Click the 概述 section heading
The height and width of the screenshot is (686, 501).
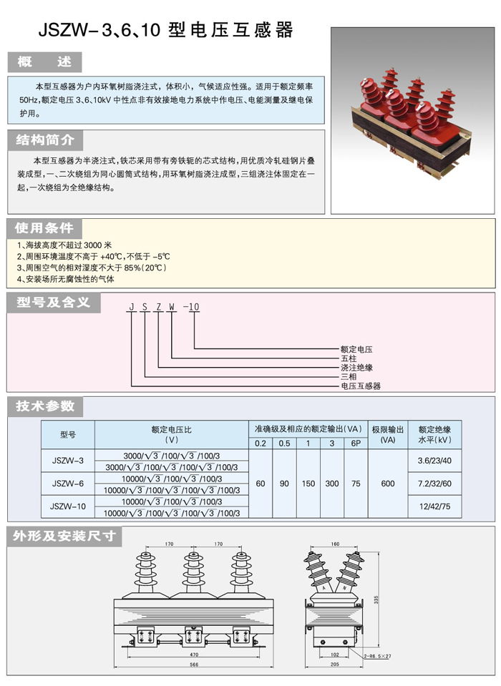pyautogui.click(x=44, y=62)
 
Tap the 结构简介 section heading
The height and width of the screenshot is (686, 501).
pyautogui.click(x=45, y=140)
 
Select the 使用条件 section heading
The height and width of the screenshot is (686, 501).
pyautogui.click(x=44, y=228)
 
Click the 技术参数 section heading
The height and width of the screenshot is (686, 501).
pyautogui.click(x=45, y=406)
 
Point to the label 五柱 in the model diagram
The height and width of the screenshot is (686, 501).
pyautogui.click(x=349, y=358)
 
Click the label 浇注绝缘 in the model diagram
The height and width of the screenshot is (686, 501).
pyautogui.click(x=356, y=368)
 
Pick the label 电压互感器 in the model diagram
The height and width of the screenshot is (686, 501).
pyautogui.click(x=361, y=386)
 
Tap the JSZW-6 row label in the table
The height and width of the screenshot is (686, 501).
pyautogui.click(x=68, y=484)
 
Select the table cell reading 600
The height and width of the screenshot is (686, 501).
pyautogui.click(x=388, y=484)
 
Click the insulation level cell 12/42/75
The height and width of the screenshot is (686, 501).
pyautogui.click(x=434, y=506)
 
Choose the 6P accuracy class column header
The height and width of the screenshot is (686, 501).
pyautogui.click(x=356, y=444)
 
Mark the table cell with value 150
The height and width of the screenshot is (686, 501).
pyautogui.click(x=308, y=484)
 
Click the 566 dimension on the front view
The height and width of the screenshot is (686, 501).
pyautogui.click(x=194, y=664)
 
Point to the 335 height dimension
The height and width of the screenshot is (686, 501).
pyautogui.click(x=376, y=600)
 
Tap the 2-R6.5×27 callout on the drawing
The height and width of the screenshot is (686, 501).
pyautogui.click(x=378, y=656)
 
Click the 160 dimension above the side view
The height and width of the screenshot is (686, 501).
pyautogui.click(x=335, y=544)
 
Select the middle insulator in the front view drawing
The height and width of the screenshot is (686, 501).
pyautogui.click(x=193, y=573)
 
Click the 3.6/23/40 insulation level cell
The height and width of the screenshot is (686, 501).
pyautogui.click(x=434, y=461)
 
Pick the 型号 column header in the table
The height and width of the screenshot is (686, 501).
pyautogui.click(x=68, y=434)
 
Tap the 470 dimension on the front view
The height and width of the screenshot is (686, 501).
pyautogui.click(x=194, y=655)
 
